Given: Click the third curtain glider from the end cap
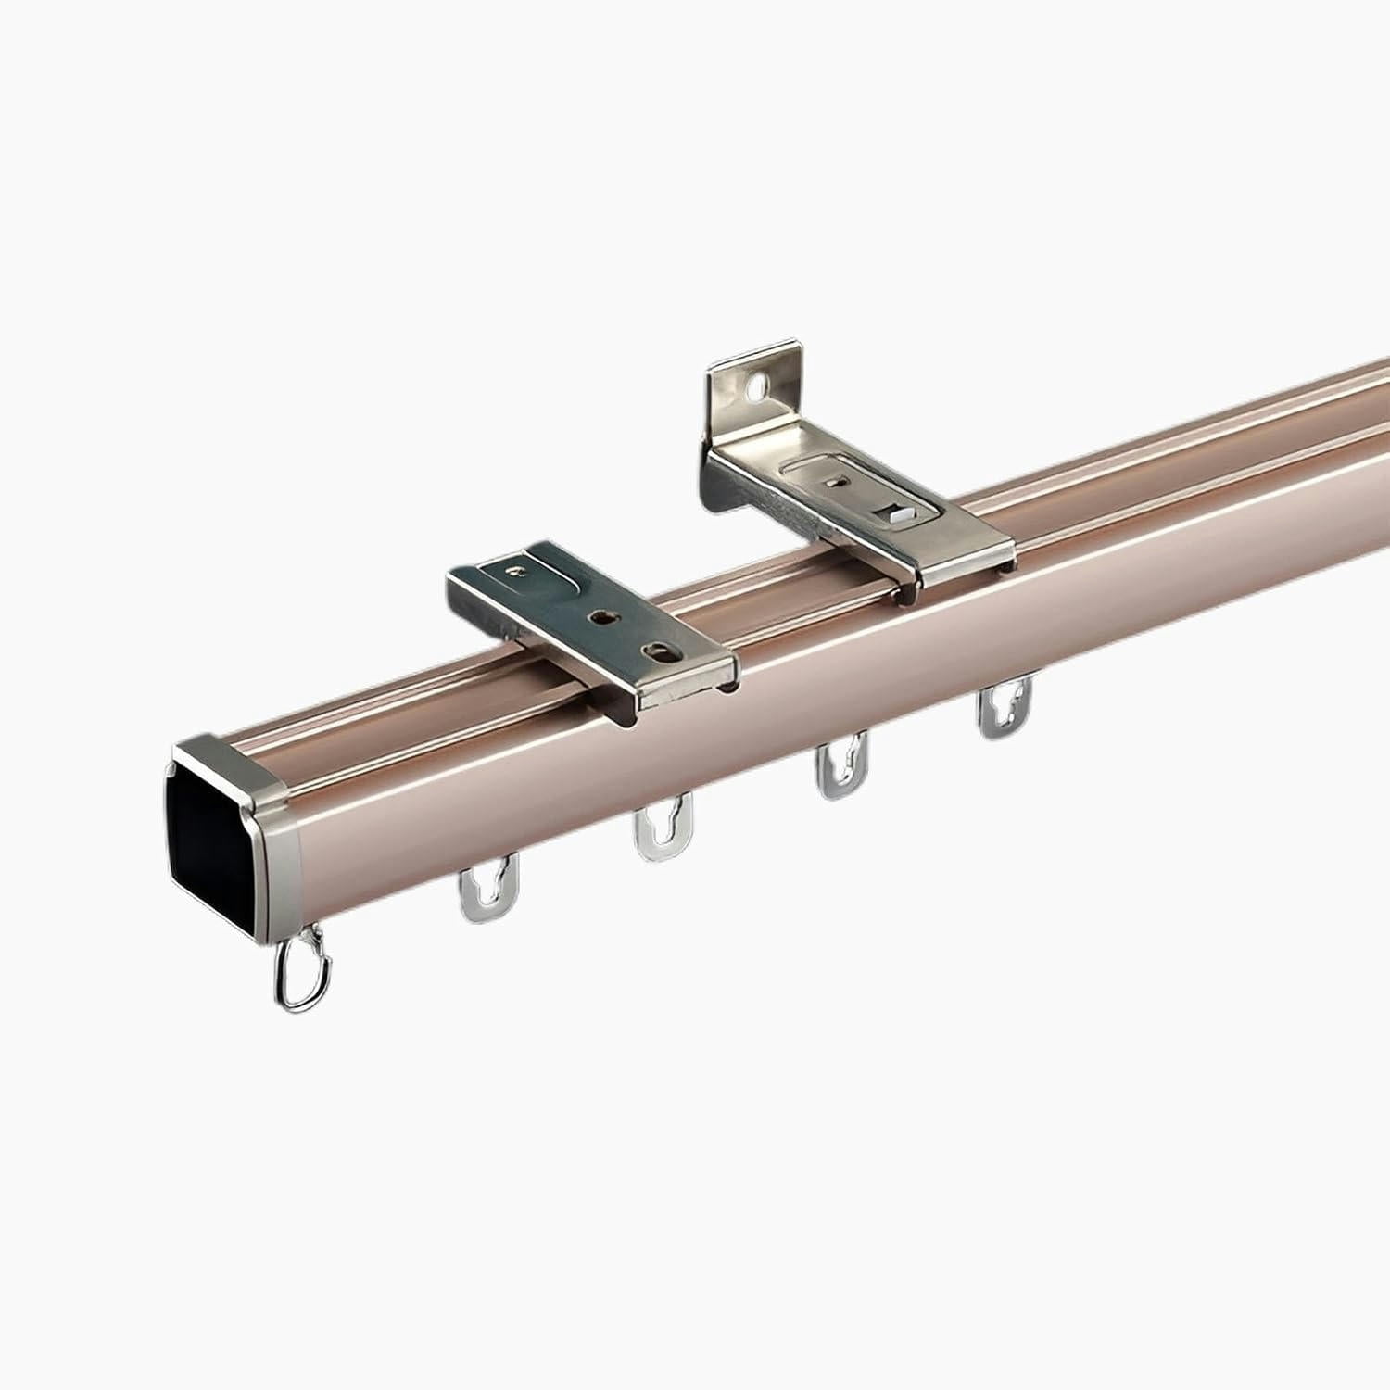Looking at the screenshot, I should pyautogui.click(x=841, y=764).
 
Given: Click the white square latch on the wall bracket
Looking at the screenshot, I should pyautogui.click(x=897, y=512).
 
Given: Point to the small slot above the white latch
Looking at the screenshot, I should pyautogui.click(x=838, y=480).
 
